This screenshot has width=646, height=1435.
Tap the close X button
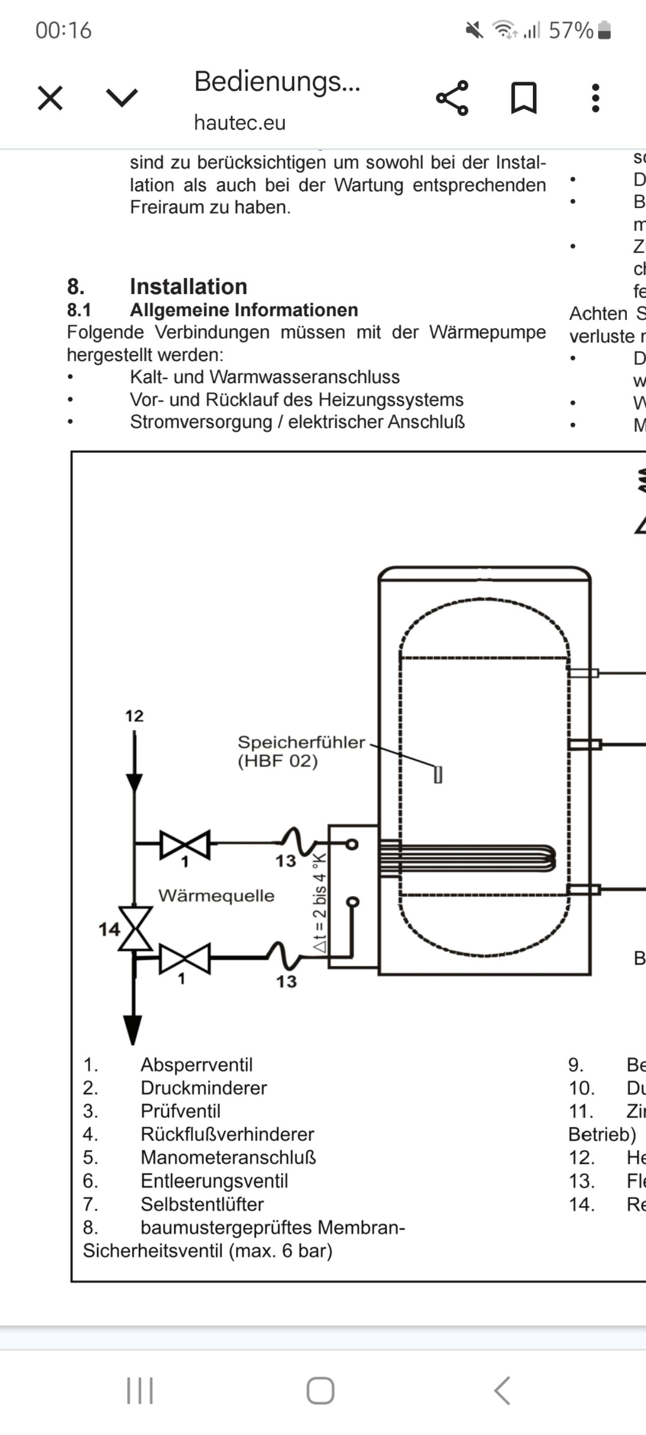(50, 98)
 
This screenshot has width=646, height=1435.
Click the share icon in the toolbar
(452, 98)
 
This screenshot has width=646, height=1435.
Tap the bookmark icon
(523, 98)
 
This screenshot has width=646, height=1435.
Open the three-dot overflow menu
(595, 98)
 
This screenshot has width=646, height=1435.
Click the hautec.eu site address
(240, 123)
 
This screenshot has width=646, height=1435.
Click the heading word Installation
(188, 286)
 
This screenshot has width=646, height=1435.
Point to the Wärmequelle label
(217, 896)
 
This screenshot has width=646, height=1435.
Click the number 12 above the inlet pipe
(134, 716)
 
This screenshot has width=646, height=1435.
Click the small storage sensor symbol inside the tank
(438, 775)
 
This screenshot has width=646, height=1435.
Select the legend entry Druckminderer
(203, 1088)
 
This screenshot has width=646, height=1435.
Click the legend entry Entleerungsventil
(214, 1181)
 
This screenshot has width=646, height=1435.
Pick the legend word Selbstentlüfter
(202, 1204)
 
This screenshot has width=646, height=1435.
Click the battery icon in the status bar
(604, 31)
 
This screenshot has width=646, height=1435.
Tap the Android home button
(320, 1391)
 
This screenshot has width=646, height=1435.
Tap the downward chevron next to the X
(122, 98)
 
